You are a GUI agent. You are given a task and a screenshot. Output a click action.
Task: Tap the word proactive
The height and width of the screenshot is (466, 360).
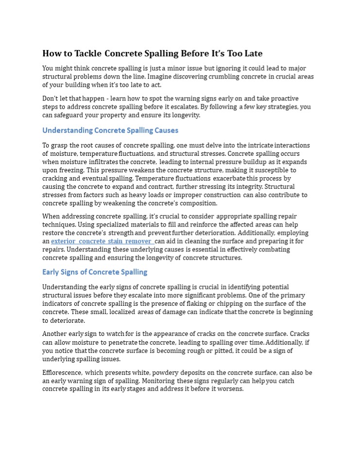[x=285, y=99]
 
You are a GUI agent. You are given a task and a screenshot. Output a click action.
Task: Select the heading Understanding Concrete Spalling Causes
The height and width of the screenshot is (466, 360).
[x=110, y=131]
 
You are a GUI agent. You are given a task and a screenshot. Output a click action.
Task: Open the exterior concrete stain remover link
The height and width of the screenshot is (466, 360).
[x=102, y=241]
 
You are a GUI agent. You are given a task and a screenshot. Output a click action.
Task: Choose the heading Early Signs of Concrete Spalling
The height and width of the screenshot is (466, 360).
[x=95, y=272]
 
